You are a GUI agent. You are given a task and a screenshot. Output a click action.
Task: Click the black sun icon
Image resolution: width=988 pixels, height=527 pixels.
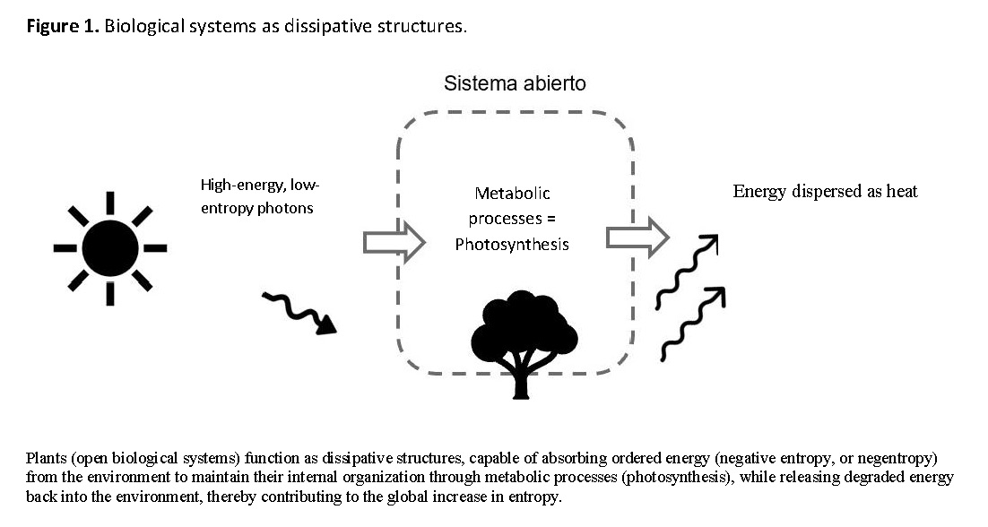pyautogui.click(x=110, y=243)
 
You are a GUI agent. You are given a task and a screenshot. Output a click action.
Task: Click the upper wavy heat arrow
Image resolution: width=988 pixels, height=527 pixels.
pyautogui.click(x=686, y=272)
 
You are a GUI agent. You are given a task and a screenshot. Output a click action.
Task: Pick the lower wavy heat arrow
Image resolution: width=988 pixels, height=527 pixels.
pyautogui.click(x=692, y=323)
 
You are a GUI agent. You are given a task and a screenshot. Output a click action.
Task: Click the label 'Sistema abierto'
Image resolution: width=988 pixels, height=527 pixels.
pyautogui.click(x=515, y=84)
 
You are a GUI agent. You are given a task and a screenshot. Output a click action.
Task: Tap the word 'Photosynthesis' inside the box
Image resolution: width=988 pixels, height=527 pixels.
pyautogui.click(x=512, y=244)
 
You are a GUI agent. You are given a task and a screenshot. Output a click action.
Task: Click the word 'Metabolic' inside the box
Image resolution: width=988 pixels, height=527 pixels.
pyautogui.click(x=512, y=194)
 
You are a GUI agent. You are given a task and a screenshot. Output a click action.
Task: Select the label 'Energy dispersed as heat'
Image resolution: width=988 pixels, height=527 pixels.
pyautogui.click(x=825, y=191)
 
